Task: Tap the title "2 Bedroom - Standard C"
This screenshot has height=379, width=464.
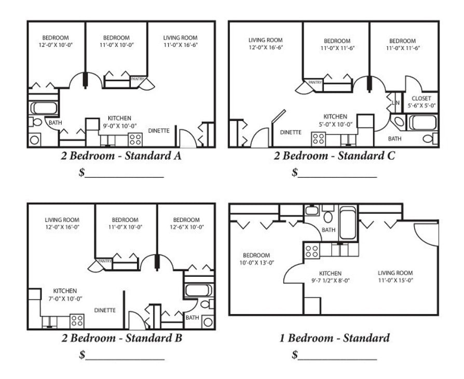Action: point(334,155)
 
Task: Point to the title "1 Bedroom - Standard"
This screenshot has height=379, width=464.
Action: point(334,339)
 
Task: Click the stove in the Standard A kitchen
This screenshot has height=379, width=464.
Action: point(135,139)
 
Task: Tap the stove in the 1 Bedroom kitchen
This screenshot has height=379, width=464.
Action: point(311,251)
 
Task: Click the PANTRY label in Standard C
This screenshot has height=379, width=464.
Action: point(315,83)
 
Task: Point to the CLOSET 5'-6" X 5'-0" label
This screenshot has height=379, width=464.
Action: point(421,102)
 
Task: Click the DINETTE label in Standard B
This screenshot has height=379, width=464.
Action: point(105,310)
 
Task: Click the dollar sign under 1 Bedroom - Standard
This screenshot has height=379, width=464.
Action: point(295,356)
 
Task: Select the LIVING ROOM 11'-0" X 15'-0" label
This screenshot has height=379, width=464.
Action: point(395,277)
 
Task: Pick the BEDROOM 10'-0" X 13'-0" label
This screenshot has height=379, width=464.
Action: point(256,259)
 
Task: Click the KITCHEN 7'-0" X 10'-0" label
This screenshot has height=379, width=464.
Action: point(65,294)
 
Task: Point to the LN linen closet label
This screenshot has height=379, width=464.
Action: point(395,103)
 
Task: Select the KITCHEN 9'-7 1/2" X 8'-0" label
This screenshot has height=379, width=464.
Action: point(330,277)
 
